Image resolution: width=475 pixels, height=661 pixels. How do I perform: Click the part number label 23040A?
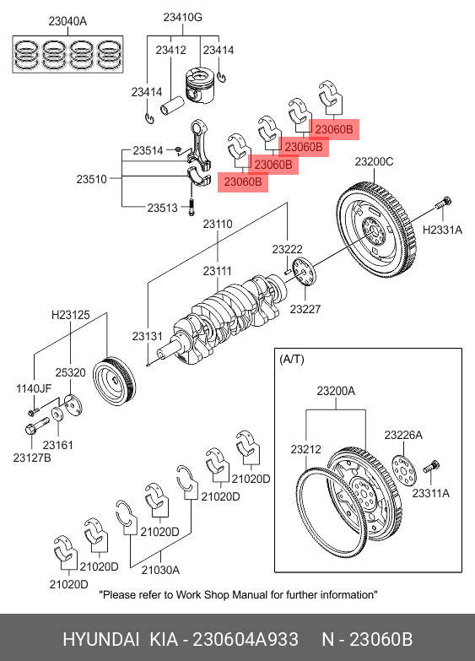tap(67, 21)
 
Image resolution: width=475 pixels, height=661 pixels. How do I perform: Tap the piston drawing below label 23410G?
tap(198, 84)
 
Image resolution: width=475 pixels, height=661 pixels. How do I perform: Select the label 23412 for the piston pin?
tap(170, 50)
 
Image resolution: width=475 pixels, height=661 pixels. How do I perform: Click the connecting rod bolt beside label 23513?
tap(192, 207)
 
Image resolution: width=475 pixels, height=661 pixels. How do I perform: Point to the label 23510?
tap(91, 179)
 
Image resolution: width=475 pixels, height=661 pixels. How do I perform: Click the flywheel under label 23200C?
tap(378, 229)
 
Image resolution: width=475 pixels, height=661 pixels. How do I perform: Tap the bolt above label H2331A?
tap(443, 203)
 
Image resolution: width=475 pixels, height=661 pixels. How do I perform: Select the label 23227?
tap(305, 310)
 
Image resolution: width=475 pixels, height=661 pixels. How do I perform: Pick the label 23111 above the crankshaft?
tap(217, 271)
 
